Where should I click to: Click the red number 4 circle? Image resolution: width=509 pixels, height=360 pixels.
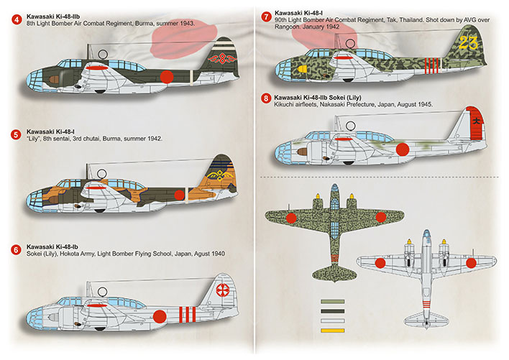(x=17, y=19)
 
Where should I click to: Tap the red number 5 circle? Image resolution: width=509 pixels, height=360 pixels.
(x=16, y=134)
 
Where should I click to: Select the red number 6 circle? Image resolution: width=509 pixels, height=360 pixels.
(x=16, y=250)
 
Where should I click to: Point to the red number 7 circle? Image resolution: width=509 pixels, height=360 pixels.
(x=267, y=17)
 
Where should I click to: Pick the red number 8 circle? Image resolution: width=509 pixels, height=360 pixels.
(x=266, y=98)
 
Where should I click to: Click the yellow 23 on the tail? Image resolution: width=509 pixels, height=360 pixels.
(x=469, y=43)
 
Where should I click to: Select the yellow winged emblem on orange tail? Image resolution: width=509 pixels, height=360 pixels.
(x=221, y=175)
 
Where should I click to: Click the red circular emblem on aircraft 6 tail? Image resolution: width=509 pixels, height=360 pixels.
(x=222, y=290)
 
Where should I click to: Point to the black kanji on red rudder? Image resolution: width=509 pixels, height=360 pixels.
(x=476, y=121)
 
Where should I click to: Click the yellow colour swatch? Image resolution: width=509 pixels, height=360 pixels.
(x=332, y=331)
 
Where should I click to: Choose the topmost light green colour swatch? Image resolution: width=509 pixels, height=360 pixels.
(x=332, y=301)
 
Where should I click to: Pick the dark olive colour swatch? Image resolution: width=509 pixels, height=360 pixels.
(x=332, y=311)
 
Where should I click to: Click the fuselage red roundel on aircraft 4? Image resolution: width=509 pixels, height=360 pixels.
(x=167, y=77)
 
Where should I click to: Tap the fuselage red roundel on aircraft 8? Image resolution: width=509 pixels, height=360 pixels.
(x=403, y=149)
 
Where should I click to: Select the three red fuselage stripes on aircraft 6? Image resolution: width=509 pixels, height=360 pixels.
(x=188, y=315)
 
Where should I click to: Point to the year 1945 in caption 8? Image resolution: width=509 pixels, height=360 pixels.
(x=425, y=104)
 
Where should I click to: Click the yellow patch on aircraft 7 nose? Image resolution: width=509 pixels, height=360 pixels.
(x=302, y=69)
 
